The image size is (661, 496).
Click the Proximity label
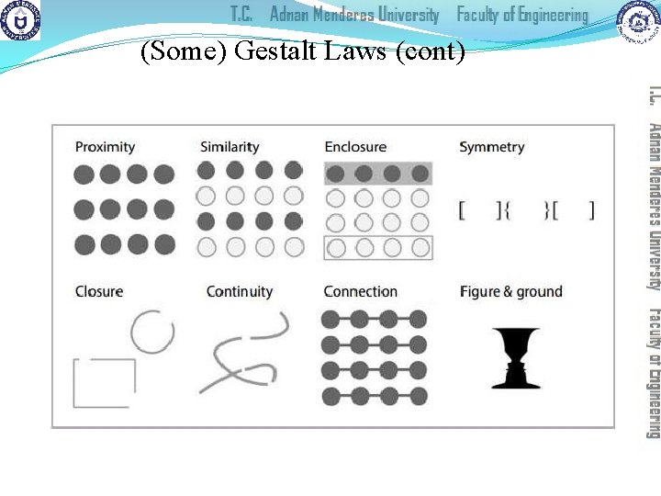point(105,147)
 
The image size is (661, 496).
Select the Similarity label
point(230,147)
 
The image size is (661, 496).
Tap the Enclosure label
point(355,147)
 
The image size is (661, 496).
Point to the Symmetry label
point(492,147)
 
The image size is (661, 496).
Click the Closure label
point(99,292)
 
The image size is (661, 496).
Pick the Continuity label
point(240,292)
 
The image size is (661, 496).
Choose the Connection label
point(361,292)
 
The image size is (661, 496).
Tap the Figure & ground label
point(510,292)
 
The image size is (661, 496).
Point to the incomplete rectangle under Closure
point(104,383)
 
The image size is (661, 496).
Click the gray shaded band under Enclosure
point(377,173)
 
